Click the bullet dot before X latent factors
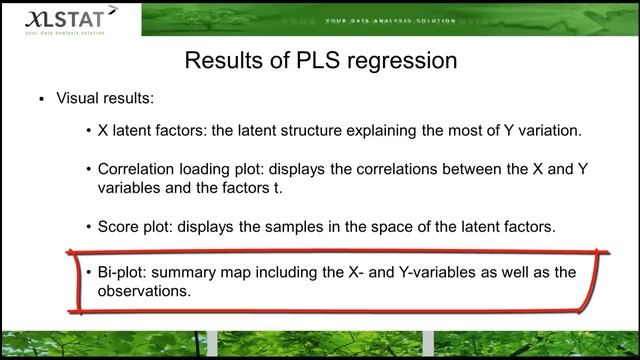tap(89, 131)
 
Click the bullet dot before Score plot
tap(89, 227)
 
